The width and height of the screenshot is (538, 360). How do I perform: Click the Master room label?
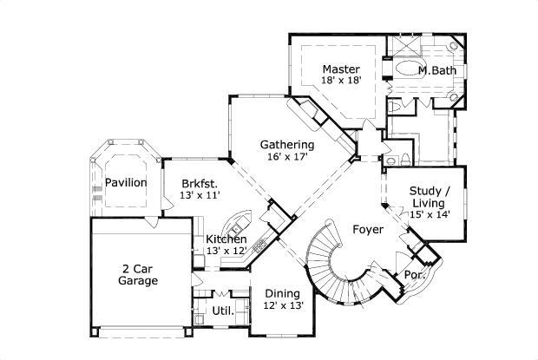pos(341,69)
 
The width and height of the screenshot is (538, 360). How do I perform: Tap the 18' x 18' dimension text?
pos(341,80)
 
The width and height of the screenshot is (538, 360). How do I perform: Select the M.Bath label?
pos(437,70)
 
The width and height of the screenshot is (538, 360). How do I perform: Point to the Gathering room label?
pos(287,145)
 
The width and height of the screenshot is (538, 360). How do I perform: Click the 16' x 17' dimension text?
pos(287,157)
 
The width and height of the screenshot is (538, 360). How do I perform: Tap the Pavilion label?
pos(126,183)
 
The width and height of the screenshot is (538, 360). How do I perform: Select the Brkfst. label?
pos(200,184)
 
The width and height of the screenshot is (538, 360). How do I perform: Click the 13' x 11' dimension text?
pos(200,195)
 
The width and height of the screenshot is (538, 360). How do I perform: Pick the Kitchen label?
pos(226,239)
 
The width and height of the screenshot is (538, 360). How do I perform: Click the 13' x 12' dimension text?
pos(226,251)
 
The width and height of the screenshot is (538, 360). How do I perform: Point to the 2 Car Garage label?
pos(138,275)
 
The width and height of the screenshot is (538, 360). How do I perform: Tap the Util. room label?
pos(223,311)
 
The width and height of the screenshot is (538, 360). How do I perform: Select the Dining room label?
pos(282,294)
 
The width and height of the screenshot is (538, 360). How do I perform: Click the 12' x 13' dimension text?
pos(284,304)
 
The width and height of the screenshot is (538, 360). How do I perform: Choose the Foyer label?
pos(368,229)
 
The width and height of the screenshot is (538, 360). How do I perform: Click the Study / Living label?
pos(429,197)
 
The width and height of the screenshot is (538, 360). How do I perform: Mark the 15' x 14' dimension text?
pos(430,214)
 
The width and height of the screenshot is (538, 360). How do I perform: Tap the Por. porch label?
pos(415,275)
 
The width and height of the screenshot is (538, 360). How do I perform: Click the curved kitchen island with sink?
pos(238,223)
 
